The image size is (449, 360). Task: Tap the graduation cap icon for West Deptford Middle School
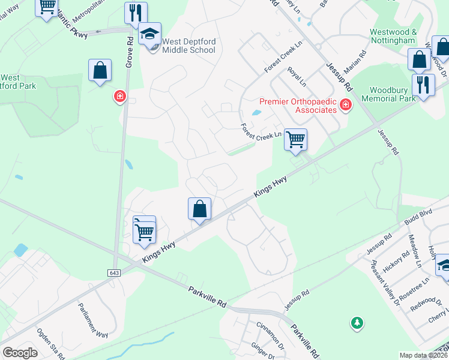[x=150, y=34]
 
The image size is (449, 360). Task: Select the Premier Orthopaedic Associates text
[x=298, y=106]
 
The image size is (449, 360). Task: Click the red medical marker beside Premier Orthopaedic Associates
[x=345, y=106]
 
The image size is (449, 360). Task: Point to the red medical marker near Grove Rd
[x=120, y=96]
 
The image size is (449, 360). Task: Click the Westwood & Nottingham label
[x=393, y=36]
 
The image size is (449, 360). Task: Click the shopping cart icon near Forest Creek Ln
[x=295, y=139]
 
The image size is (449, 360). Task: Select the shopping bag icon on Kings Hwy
[x=200, y=209]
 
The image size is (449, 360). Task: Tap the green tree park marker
[x=357, y=323]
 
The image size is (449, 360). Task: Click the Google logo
[x=20, y=353]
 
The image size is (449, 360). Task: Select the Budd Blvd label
[x=418, y=216]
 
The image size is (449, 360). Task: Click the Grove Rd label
[x=129, y=50]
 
